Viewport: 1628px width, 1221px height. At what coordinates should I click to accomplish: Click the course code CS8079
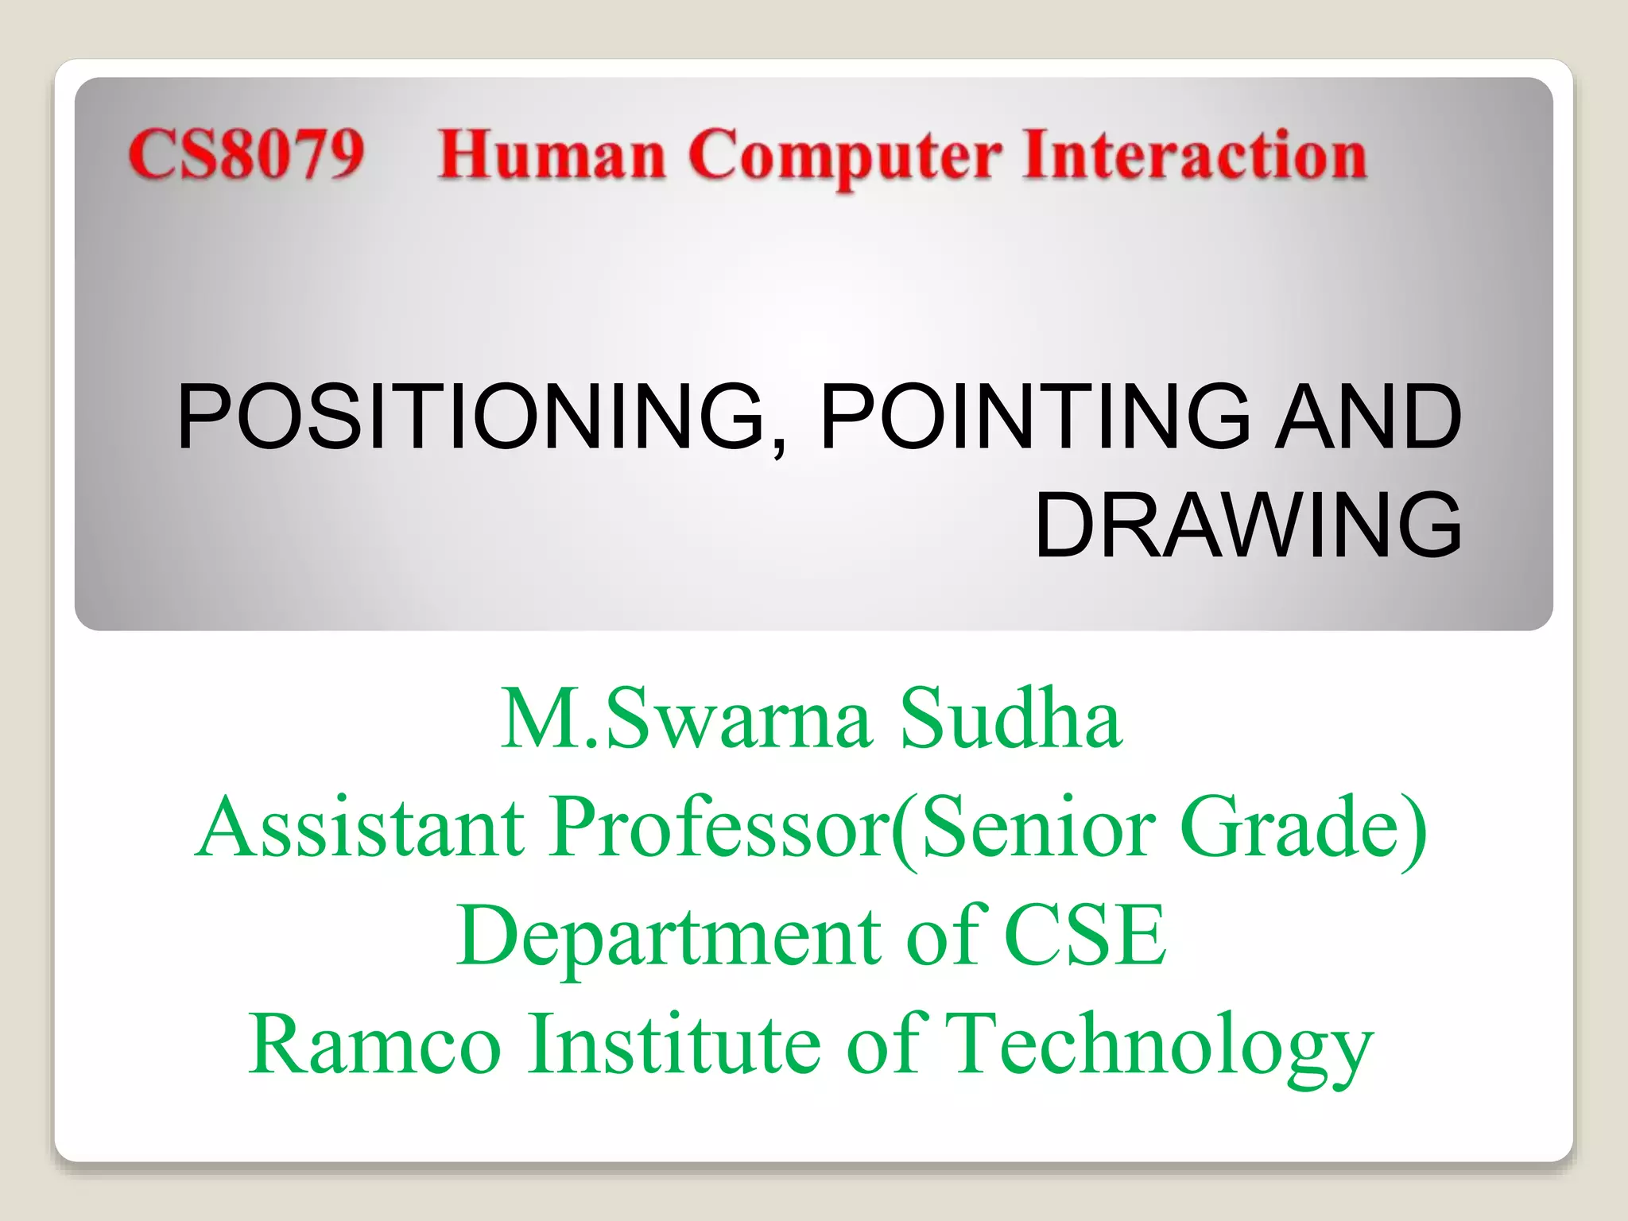pyautogui.click(x=246, y=154)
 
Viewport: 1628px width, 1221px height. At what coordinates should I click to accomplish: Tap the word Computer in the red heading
pyautogui.click(x=844, y=157)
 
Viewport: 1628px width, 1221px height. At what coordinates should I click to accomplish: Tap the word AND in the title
pyautogui.click(x=1368, y=417)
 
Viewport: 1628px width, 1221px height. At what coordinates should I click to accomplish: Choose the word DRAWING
pyautogui.click(x=1248, y=525)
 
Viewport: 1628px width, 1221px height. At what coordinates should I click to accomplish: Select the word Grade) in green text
pyautogui.click(x=1304, y=828)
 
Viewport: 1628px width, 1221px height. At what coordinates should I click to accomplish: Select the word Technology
pyautogui.click(x=1161, y=1046)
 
